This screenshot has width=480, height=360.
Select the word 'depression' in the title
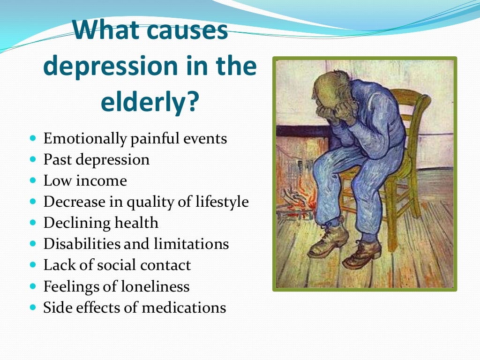tap(104, 67)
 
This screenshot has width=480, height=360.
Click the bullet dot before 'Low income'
tap(32, 180)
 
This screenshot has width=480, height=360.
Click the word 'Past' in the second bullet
tap(57, 159)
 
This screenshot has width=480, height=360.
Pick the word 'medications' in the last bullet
tap(184, 307)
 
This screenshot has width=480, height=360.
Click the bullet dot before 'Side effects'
tap(32, 307)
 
